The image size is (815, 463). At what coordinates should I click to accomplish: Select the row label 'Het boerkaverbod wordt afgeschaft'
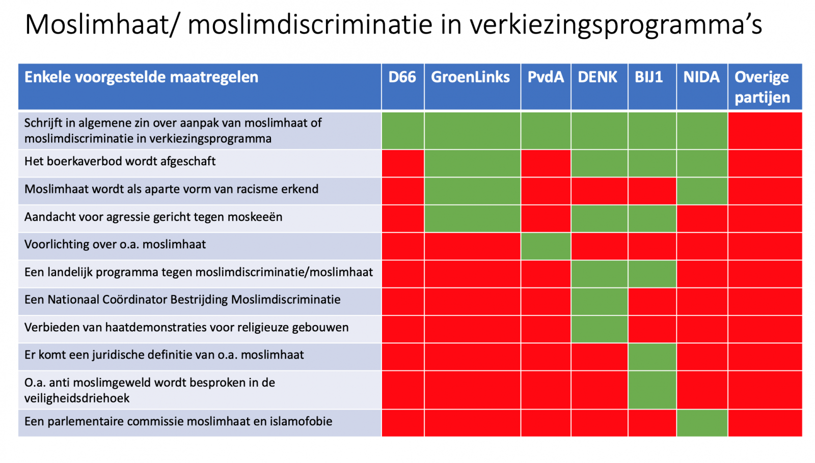point(120,161)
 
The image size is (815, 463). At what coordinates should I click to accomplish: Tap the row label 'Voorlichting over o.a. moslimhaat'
point(115,244)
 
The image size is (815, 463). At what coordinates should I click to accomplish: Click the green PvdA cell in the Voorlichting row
point(546,246)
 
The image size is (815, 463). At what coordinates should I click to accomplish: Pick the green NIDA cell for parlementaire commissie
point(702,423)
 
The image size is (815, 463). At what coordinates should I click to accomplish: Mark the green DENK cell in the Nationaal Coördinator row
point(599,302)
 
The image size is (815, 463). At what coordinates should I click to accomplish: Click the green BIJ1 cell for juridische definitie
point(652,357)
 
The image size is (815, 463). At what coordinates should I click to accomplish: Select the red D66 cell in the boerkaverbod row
point(403,163)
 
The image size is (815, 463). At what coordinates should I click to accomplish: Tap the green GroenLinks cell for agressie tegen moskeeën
point(472,219)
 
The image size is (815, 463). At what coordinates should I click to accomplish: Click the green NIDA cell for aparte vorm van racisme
point(702,191)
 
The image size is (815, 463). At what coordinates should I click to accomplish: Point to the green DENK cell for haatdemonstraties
point(599,329)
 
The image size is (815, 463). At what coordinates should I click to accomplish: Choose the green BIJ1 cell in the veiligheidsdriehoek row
point(652,390)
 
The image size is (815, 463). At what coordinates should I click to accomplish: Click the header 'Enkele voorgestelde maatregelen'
point(141,77)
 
